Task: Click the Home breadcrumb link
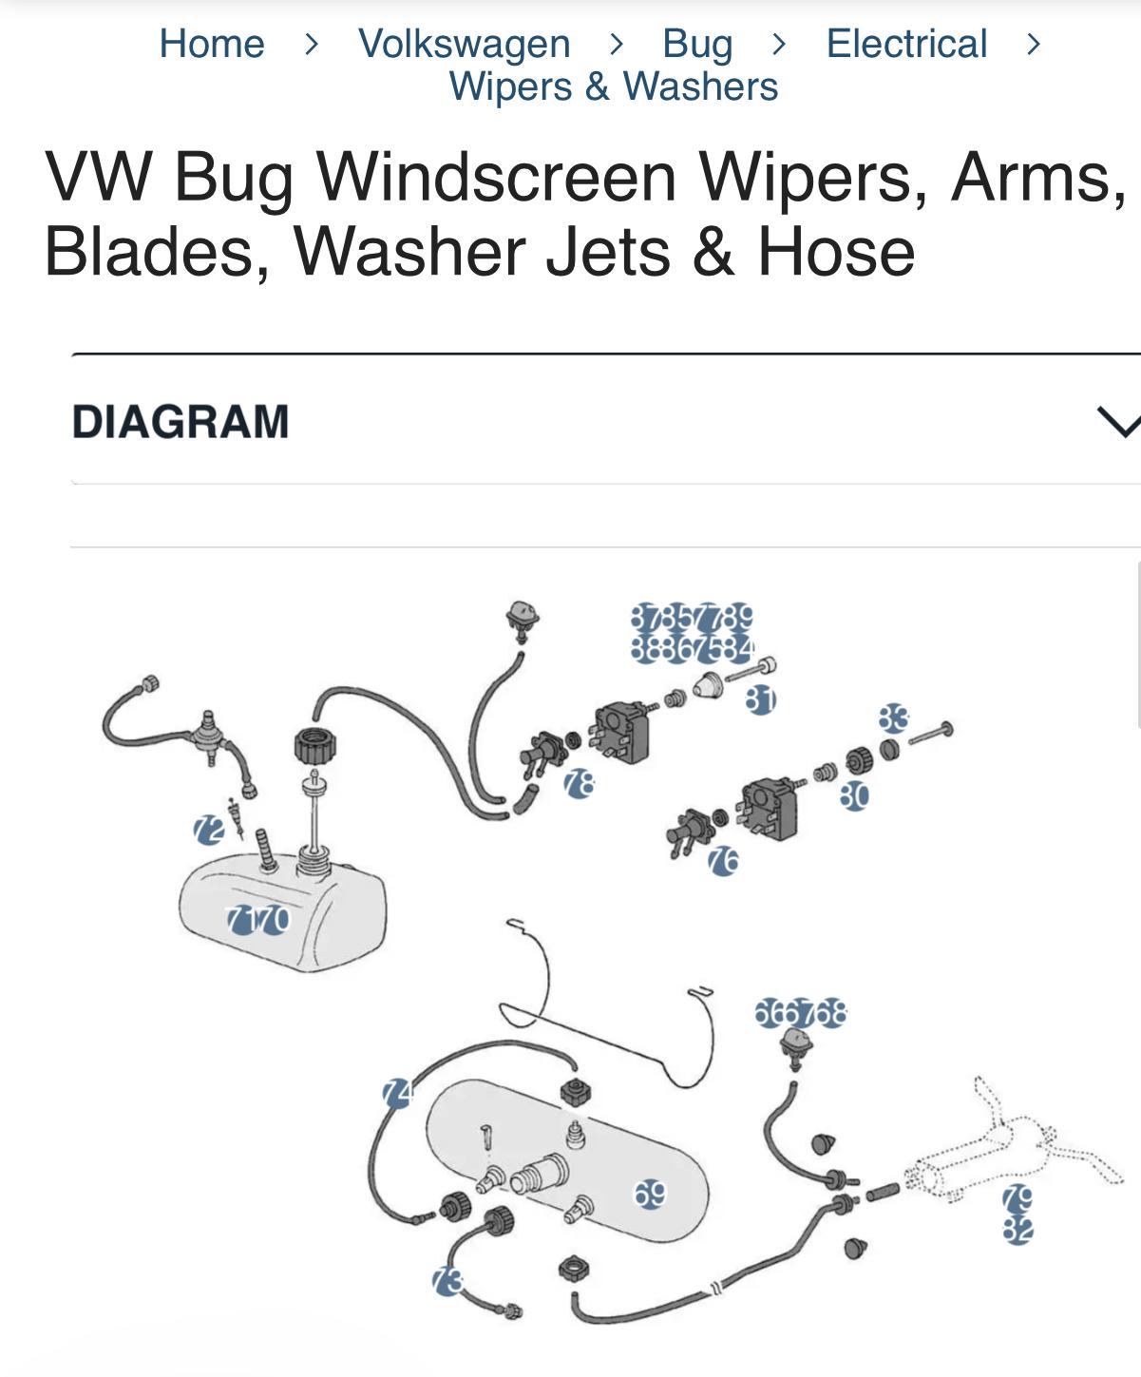(x=211, y=44)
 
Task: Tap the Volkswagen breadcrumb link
(x=464, y=44)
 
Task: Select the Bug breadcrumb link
(x=697, y=44)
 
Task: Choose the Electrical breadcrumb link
(x=906, y=44)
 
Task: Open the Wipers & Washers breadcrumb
(x=614, y=86)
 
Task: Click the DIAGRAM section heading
(x=181, y=421)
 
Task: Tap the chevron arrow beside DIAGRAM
(x=1118, y=421)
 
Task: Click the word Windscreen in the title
(x=496, y=177)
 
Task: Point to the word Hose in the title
(x=835, y=252)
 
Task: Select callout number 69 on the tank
(x=650, y=1194)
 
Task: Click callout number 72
(x=208, y=830)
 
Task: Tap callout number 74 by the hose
(x=397, y=1094)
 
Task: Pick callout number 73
(x=447, y=1281)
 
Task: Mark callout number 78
(x=579, y=784)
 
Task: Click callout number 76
(x=723, y=861)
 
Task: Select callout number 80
(x=854, y=795)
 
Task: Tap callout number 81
(x=760, y=700)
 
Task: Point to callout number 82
(x=1017, y=1231)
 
